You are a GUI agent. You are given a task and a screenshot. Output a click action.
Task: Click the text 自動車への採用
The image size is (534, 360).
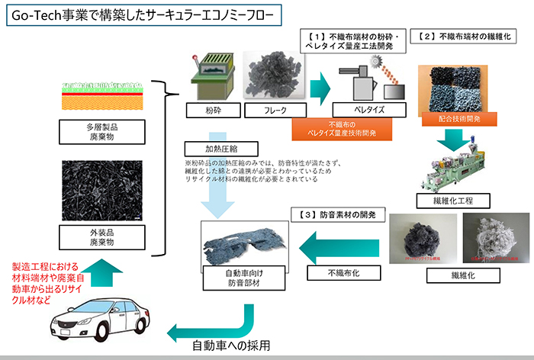coord(231,345)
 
